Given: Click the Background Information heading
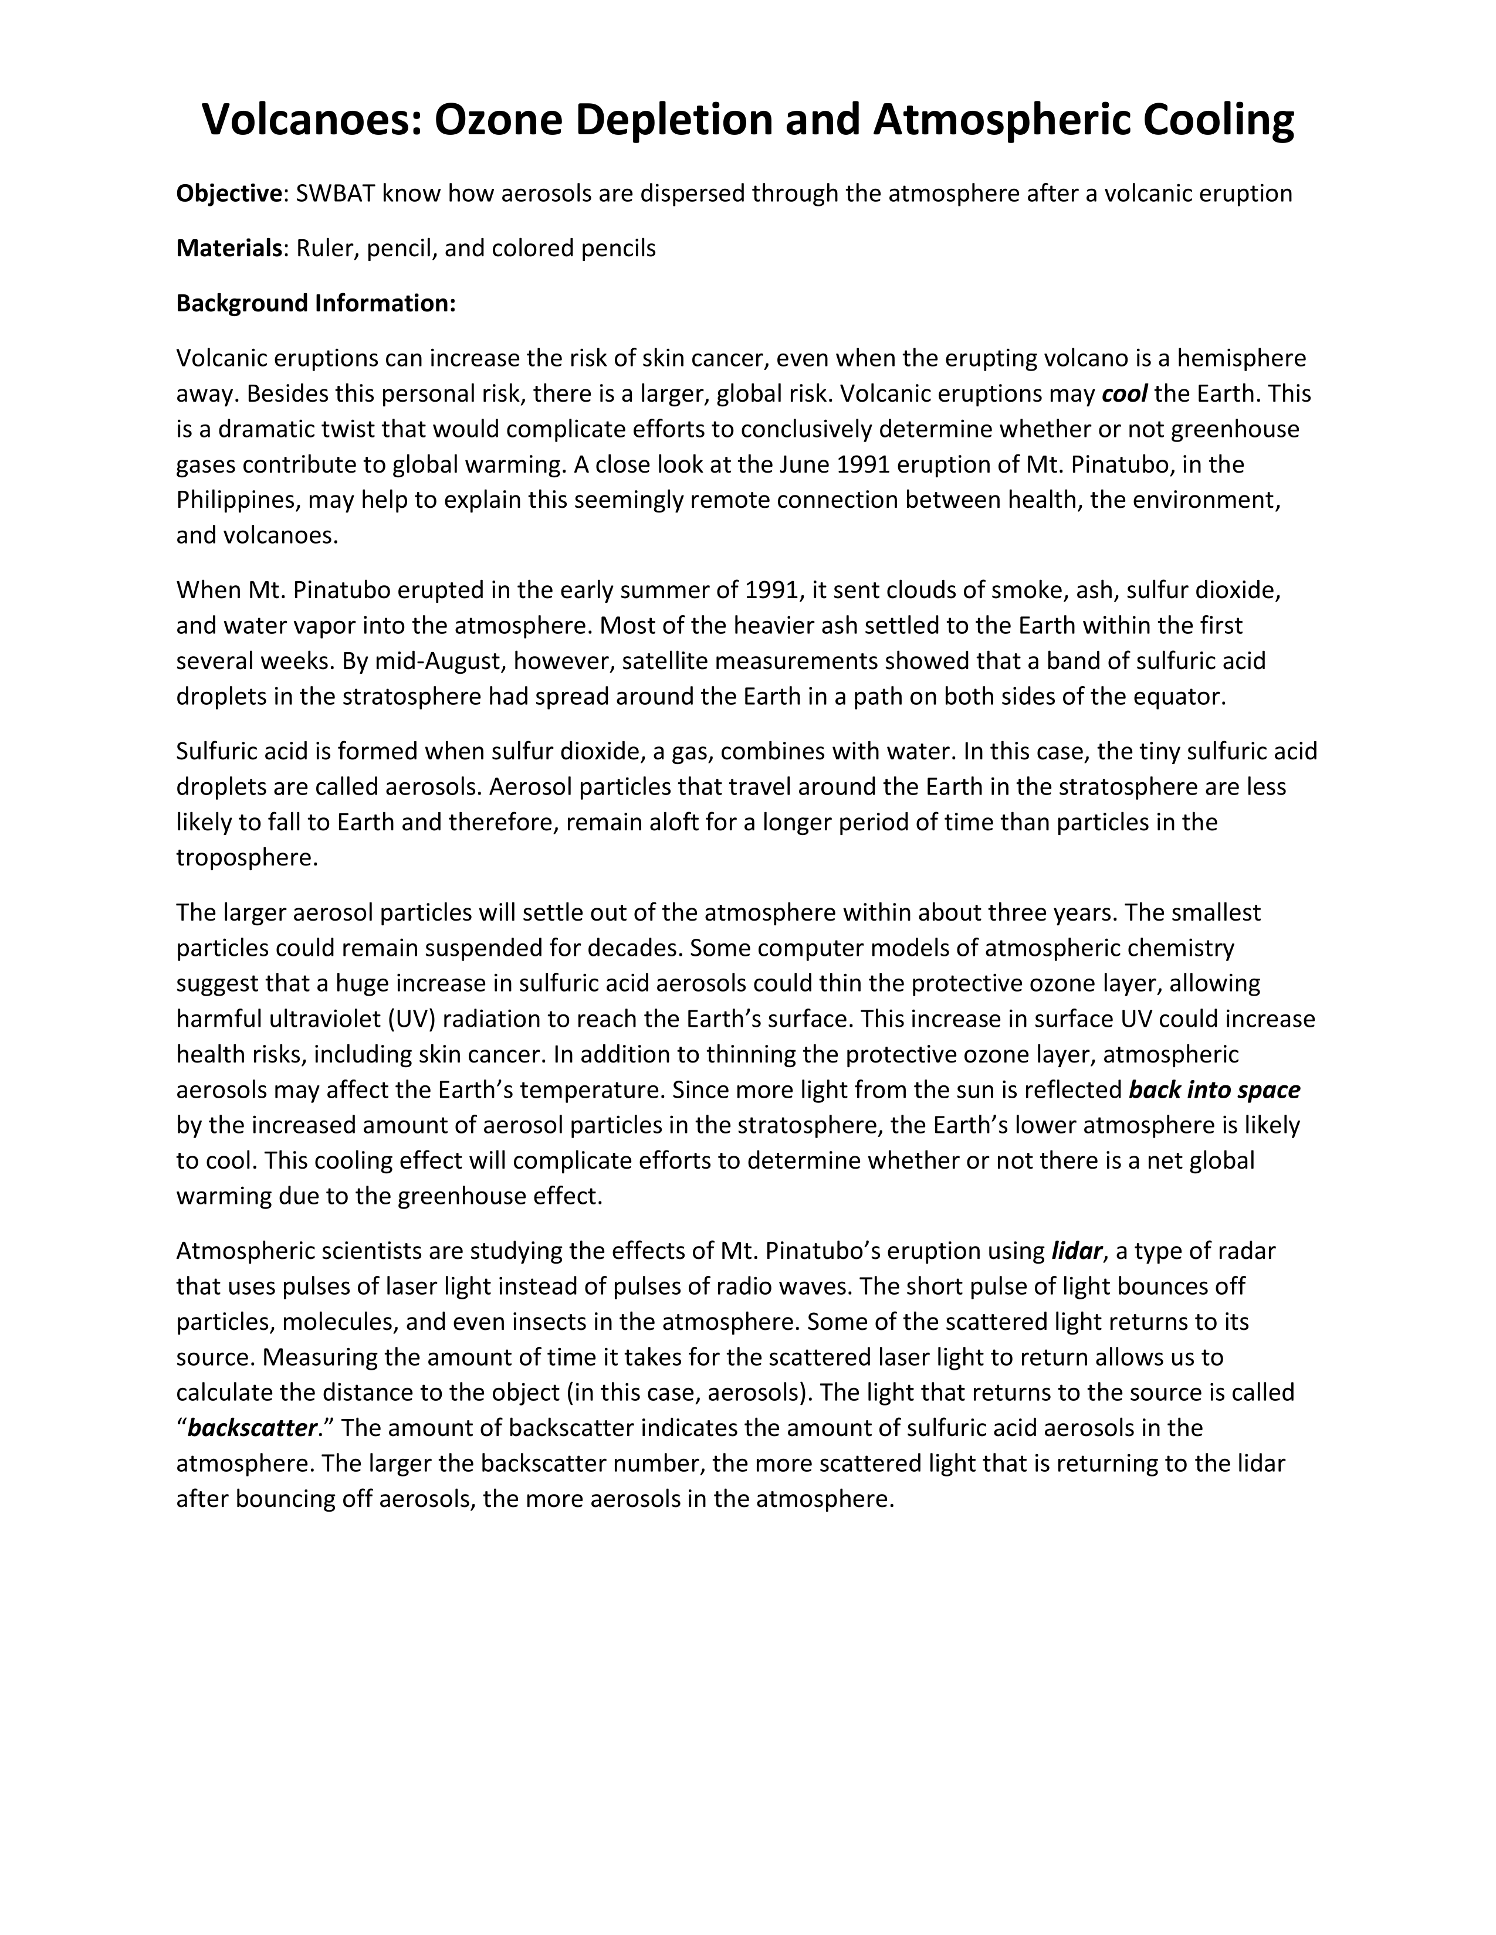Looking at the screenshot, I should (316, 303).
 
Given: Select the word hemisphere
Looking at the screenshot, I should (1241, 358).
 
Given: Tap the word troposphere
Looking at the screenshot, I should (246, 858).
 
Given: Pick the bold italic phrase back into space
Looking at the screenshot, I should (1214, 1090).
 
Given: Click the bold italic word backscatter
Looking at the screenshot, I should (253, 1428).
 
